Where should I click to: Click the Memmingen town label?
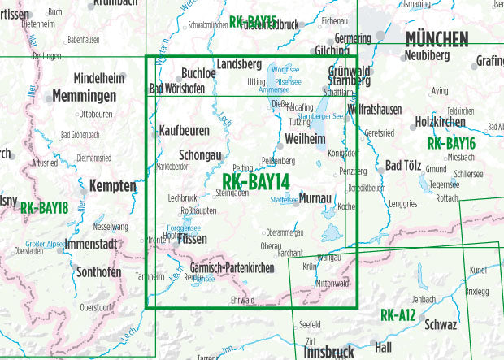[x=83, y=96]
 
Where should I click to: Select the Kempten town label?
[x=112, y=186]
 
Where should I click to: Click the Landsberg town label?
[x=239, y=64]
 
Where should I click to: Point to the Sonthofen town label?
[x=99, y=273]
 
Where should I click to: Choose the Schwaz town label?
[x=440, y=325]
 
